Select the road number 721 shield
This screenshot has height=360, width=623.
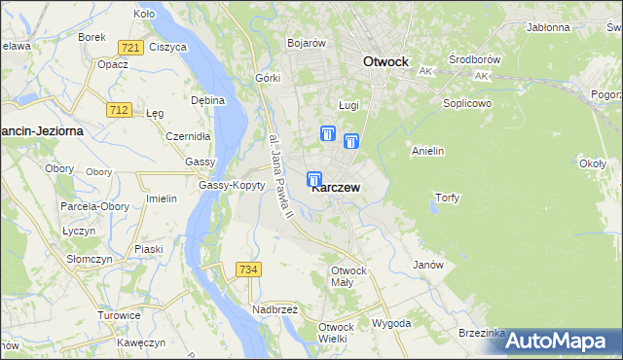click(x=131, y=48)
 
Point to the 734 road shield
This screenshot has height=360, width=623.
click(x=247, y=269)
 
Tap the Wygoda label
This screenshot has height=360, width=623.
click(x=391, y=322)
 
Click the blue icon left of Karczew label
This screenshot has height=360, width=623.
click(x=314, y=179)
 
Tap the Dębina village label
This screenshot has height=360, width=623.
click(x=208, y=100)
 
